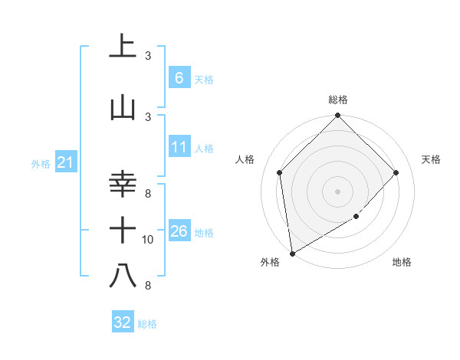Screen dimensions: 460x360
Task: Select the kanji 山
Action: tap(123, 107)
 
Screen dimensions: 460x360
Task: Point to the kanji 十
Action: tap(123, 229)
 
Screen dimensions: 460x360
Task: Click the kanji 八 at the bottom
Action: tap(123, 276)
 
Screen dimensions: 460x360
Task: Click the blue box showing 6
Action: tap(179, 77)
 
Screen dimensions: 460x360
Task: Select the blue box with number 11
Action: tap(179, 146)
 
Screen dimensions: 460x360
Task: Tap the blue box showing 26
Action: tap(179, 231)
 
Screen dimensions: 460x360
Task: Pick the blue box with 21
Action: tap(65, 162)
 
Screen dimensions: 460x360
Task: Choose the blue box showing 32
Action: tap(123, 322)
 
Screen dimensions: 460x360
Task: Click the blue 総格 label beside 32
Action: tap(147, 324)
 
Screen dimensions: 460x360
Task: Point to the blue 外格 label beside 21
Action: tap(40, 163)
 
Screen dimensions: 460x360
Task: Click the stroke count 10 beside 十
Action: tap(148, 240)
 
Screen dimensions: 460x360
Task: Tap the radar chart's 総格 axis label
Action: tap(338, 100)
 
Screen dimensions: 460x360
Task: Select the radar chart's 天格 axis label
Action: tap(432, 159)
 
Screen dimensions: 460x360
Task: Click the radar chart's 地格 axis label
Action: tap(402, 262)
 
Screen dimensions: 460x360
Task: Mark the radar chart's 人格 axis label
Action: tap(245, 159)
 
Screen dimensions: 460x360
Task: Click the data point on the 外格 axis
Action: tap(291, 253)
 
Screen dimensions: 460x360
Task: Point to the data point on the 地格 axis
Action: tap(356, 217)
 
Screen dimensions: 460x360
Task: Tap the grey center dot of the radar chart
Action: tap(338, 191)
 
